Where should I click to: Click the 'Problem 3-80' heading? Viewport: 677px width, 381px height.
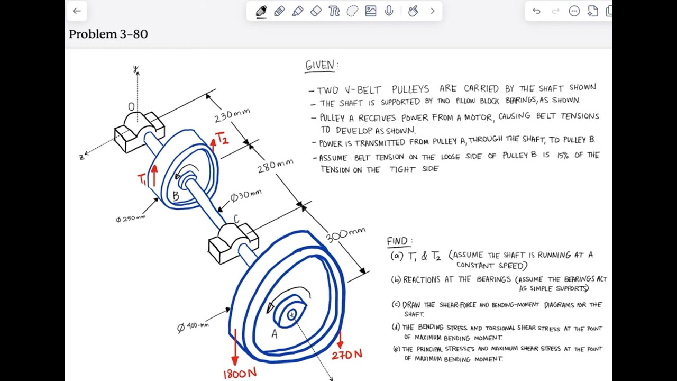coord(108,34)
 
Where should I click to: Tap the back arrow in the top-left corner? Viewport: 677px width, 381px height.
coord(77,11)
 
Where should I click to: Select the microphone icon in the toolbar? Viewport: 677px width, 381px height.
coord(389,11)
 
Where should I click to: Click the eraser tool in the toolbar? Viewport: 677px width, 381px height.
coord(316,11)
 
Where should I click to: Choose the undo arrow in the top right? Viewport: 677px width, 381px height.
coord(536,11)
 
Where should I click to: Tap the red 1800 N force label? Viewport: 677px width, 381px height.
coord(240,374)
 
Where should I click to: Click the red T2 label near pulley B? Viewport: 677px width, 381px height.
coord(222,139)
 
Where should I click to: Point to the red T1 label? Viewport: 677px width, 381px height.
coord(142,179)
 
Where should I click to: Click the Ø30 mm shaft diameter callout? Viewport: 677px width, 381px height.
coord(245,196)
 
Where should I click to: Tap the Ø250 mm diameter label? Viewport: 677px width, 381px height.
coord(130,219)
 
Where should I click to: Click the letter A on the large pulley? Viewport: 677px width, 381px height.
coord(274,333)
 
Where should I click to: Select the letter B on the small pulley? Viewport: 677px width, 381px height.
coord(176,196)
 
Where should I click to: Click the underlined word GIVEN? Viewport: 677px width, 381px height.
coord(321,65)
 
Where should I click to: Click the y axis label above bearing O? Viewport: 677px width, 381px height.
coord(135,69)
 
